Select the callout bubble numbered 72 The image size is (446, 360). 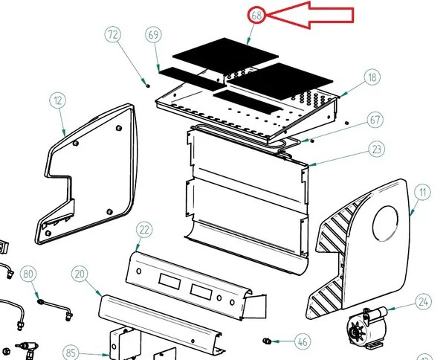point(113,35)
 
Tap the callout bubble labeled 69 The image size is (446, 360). point(155,36)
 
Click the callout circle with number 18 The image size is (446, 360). point(372,77)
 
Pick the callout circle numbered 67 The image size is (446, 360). point(376,120)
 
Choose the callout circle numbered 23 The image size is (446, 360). point(378,150)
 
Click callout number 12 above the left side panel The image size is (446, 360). point(58,100)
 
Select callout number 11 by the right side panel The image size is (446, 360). point(423,193)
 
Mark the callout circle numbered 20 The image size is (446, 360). point(80,274)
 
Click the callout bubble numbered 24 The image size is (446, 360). point(423,302)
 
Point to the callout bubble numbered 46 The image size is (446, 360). point(301,342)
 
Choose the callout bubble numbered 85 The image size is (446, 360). point(71,352)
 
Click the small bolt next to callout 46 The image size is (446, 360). point(266,341)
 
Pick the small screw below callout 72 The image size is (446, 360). point(146,84)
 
